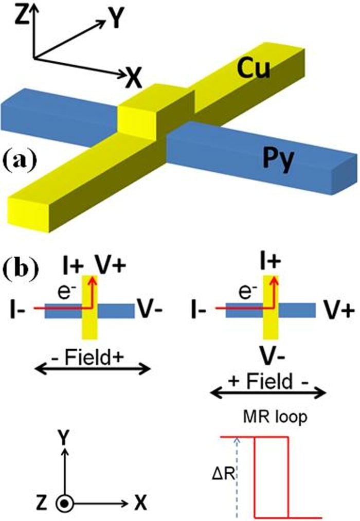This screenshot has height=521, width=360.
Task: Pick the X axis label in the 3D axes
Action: click(135, 78)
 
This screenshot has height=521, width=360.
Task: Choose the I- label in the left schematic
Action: click(19, 310)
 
